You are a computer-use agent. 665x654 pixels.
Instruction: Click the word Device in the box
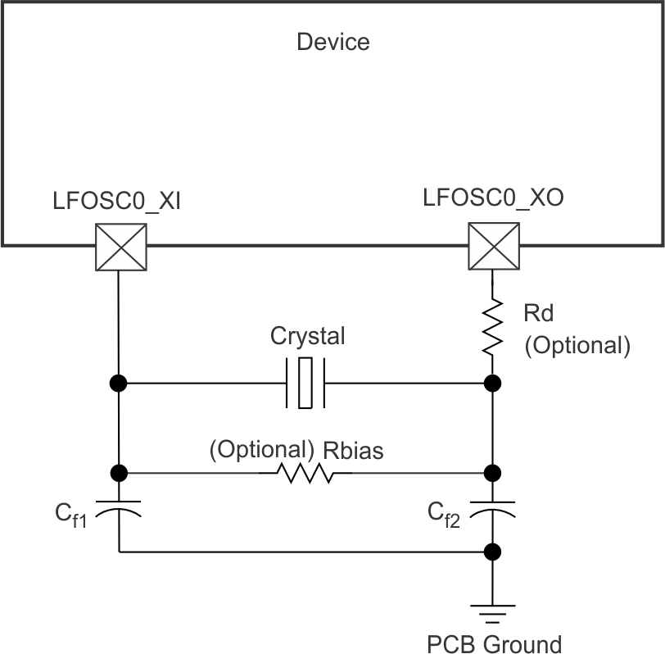pyautogui.click(x=332, y=41)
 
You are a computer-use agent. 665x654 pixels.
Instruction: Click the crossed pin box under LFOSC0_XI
pyautogui.click(x=121, y=247)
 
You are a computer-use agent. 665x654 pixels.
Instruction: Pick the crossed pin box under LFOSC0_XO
pyautogui.click(x=492, y=247)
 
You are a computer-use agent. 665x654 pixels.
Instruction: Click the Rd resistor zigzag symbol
pyautogui.click(x=492, y=326)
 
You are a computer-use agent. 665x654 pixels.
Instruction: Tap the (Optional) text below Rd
pyautogui.click(x=577, y=345)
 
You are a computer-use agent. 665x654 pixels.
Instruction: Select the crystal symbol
pyautogui.click(x=305, y=383)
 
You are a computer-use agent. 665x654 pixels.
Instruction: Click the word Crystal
pyautogui.click(x=308, y=336)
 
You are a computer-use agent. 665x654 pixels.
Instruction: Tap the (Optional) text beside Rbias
pyautogui.click(x=262, y=450)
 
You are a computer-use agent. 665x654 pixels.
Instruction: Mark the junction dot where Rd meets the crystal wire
pyautogui.click(x=492, y=383)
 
